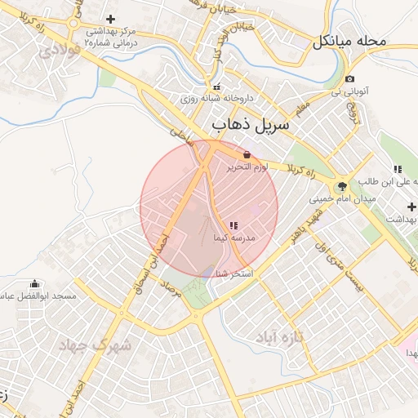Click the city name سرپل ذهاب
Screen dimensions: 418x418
coord(251,127)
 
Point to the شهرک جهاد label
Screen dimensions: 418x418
coord(95,345)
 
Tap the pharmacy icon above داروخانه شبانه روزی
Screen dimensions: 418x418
coord(216,87)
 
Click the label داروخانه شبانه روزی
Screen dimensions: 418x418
coord(216,100)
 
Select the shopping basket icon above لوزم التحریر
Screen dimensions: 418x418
coord(247,153)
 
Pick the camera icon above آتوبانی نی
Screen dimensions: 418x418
coord(349,79)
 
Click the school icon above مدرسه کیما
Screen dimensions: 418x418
coord(233,225)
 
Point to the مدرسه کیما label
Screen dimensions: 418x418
coord(234,238)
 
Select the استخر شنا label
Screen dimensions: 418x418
coord(237,272)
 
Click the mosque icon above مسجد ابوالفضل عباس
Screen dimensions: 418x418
coord(33,284)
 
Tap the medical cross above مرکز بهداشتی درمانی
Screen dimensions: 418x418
coord(111,18)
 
